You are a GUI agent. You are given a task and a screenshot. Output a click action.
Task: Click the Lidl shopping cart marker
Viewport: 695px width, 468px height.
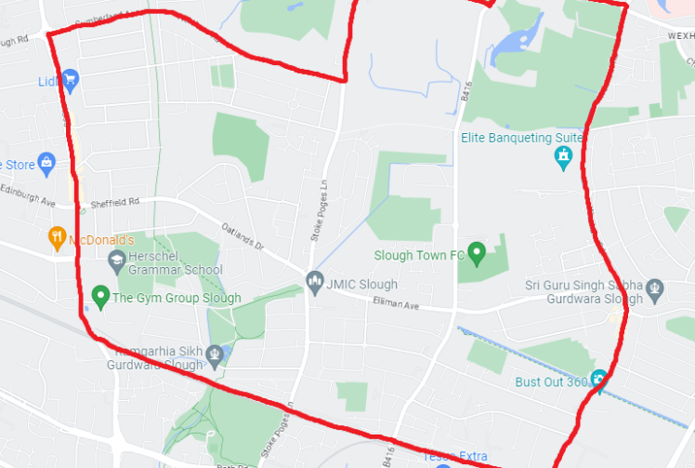[70, 80]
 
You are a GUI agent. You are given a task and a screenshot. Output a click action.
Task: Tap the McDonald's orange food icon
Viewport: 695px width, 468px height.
[58, 237]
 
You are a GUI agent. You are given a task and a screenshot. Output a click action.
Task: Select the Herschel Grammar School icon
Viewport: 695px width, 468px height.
[116, 260]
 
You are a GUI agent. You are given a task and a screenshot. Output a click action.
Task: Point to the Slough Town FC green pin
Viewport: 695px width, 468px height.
[477, 252]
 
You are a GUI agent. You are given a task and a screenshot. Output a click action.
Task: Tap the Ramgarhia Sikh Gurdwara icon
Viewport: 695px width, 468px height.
[216, 353]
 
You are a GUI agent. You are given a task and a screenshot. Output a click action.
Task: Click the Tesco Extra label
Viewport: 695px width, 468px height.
[456, 456]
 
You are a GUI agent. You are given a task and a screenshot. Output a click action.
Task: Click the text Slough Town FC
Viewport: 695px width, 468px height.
[418, 255]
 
